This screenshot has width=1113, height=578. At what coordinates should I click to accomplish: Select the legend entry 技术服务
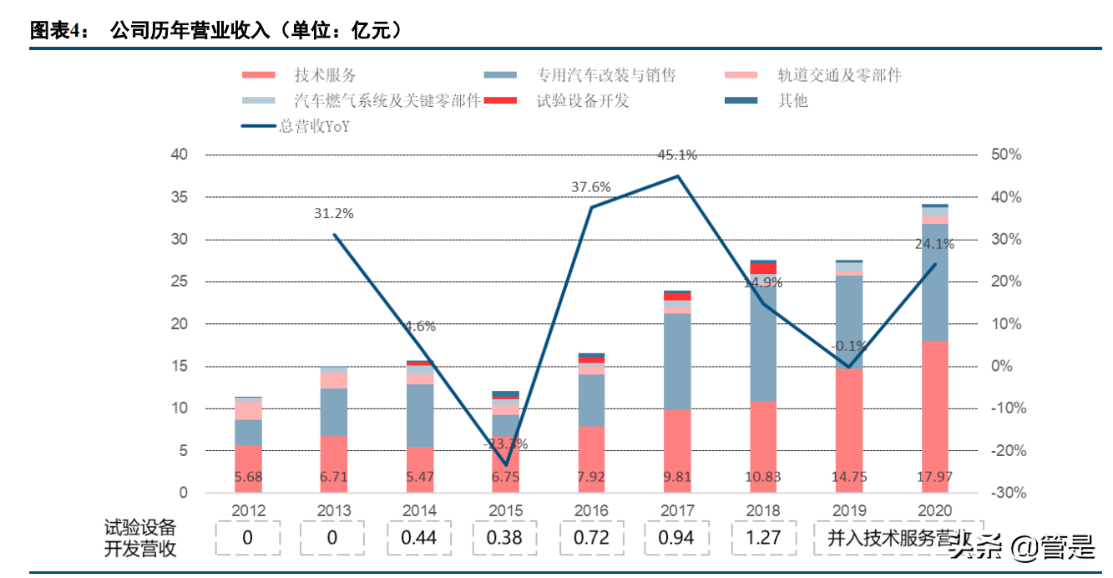pos(325,75)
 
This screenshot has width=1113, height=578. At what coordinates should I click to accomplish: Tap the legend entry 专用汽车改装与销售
pos(606,75)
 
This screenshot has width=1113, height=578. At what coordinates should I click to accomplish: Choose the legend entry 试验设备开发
pos(582,101)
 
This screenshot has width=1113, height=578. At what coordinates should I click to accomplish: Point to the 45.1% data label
pos(677,155)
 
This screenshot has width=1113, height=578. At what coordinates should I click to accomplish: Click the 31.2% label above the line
pos(334,213)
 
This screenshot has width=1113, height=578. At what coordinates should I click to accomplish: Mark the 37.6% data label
pos(591,186)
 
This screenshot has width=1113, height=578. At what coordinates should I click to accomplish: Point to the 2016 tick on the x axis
pos(591,510)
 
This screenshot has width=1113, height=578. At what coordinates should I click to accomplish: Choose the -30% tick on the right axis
pos(1008,493)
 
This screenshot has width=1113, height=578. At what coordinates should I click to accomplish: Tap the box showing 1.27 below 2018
pos(762,537)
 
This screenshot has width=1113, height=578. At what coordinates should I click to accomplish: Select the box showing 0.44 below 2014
pos(419,537)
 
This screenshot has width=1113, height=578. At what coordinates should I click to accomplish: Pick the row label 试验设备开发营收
pos(140,538)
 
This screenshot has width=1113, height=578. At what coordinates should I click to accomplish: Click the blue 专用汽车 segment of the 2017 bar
pos(677,362)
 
